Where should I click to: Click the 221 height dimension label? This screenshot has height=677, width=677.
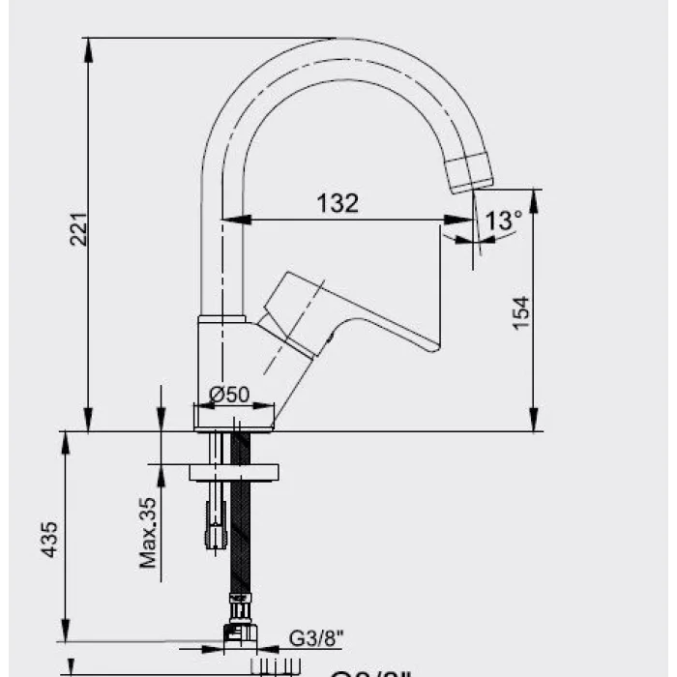click(x=78, y=228)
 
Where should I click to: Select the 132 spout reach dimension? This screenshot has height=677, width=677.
click(x=338, y=203)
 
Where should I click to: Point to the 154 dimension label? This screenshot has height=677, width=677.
click(x=521, y=312)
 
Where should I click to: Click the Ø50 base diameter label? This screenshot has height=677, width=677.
click(x=230, y=394)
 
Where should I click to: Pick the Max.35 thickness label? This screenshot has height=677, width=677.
click(x=148, y=532)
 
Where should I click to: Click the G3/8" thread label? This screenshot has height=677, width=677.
click(x=315, y=638)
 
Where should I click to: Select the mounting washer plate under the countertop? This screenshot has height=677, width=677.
click(x=233, y=472)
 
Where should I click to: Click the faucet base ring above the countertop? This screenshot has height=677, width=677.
click(x=232, y=417)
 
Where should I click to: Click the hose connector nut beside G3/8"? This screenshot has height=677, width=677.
click(x=239, y=633)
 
